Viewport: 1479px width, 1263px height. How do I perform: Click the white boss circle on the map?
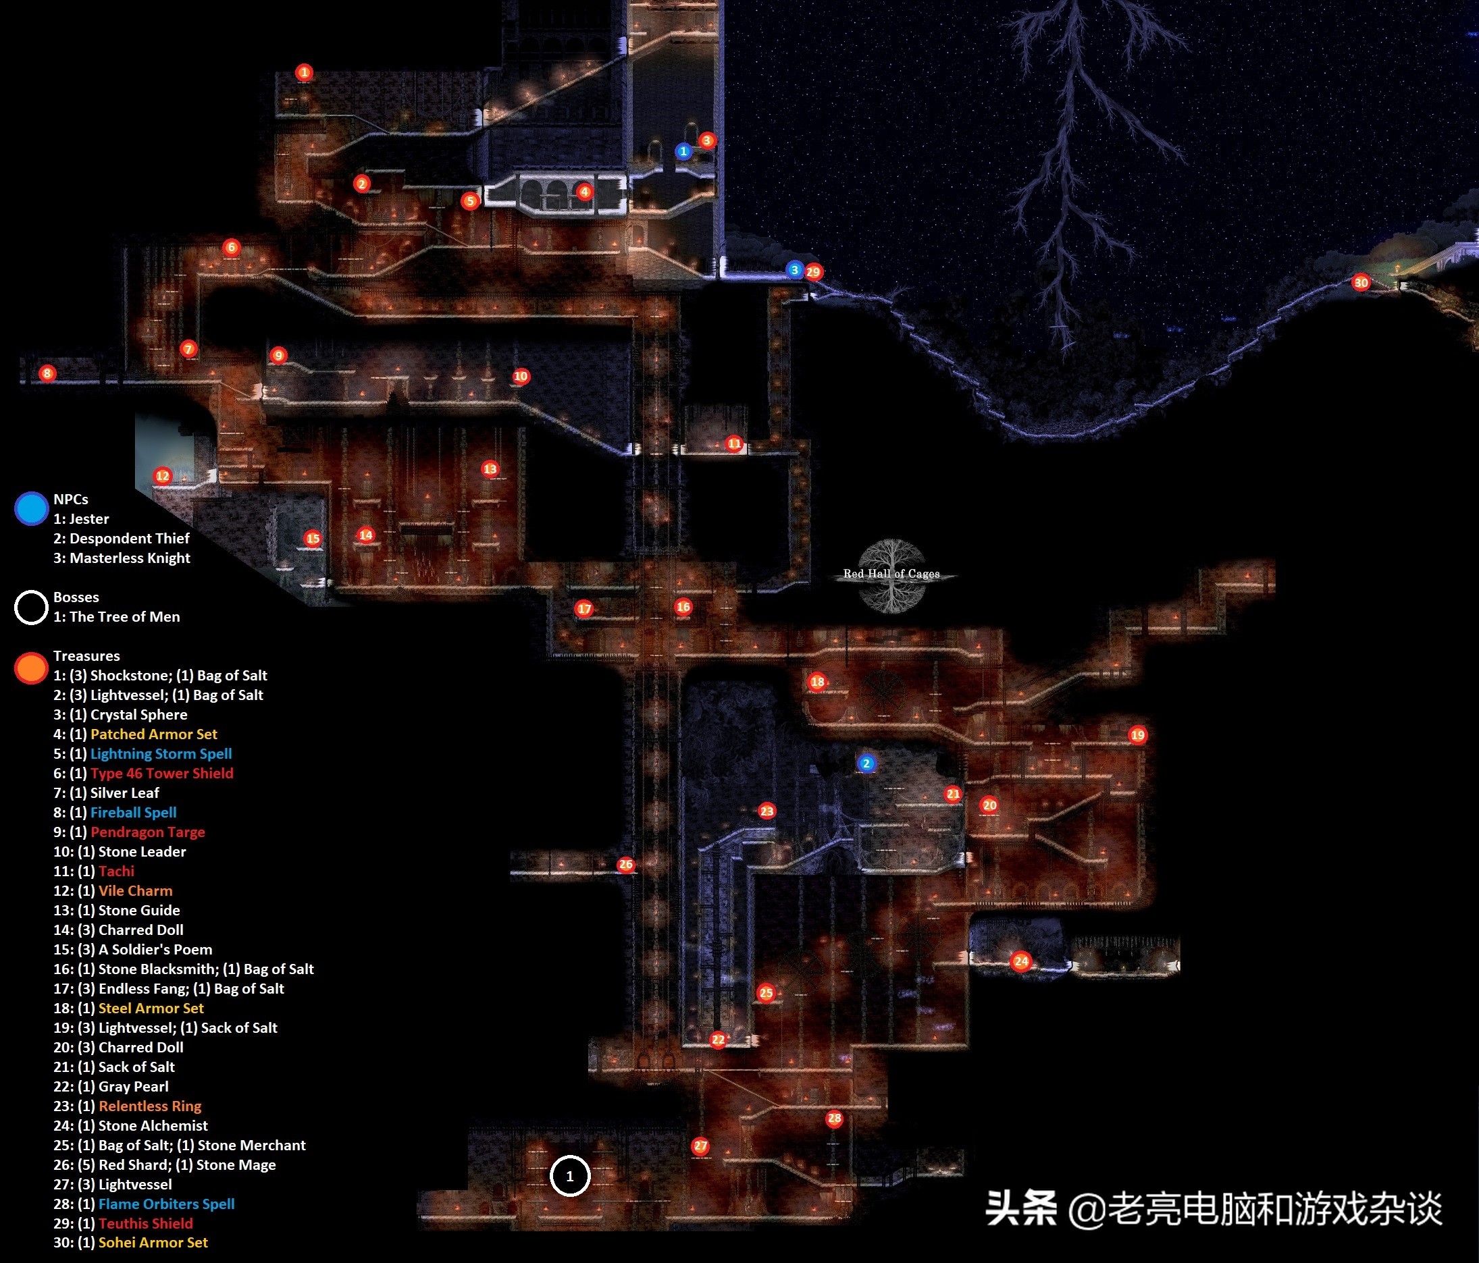coord(569,1176)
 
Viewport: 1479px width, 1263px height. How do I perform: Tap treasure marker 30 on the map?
coord(1361,283)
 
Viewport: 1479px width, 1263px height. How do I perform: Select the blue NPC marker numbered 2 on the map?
coord(866,763)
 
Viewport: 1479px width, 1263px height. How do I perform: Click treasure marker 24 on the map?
coord(1020,961)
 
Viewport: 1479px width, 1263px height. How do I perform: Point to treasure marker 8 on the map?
coord(47,373)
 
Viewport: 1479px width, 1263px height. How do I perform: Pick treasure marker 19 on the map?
coord(1137,735)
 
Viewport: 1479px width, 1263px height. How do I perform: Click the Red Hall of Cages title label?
coord(891,574)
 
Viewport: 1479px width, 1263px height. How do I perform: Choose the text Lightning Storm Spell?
coord(161,753)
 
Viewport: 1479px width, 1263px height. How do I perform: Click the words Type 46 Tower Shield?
coord(161,773)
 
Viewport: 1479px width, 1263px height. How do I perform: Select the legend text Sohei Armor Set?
coord(153,1242)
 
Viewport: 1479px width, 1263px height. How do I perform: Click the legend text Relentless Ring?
coord(150,1106)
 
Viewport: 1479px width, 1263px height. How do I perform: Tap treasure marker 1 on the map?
coord(304,72)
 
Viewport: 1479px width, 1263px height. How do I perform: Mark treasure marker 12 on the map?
coord(163,476)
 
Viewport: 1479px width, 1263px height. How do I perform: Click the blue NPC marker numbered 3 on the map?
coord(794,270)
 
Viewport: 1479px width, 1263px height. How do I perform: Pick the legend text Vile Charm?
coord(135,890)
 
